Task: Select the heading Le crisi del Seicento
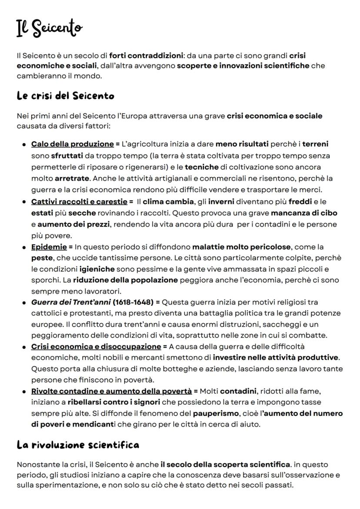(x=65, y=95)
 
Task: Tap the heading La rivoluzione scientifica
(x=78, y=444)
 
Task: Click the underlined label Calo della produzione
(x=72, y=144)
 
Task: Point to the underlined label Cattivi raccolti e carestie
(x=79, y=202)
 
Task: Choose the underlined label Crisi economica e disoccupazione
(x=96, y=347)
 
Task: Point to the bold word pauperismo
(x=216, y=413)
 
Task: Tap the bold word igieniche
(x=97, y=269)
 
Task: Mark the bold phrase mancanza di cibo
(x=304, y=213)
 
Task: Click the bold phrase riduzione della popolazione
(x=125, y=280)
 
